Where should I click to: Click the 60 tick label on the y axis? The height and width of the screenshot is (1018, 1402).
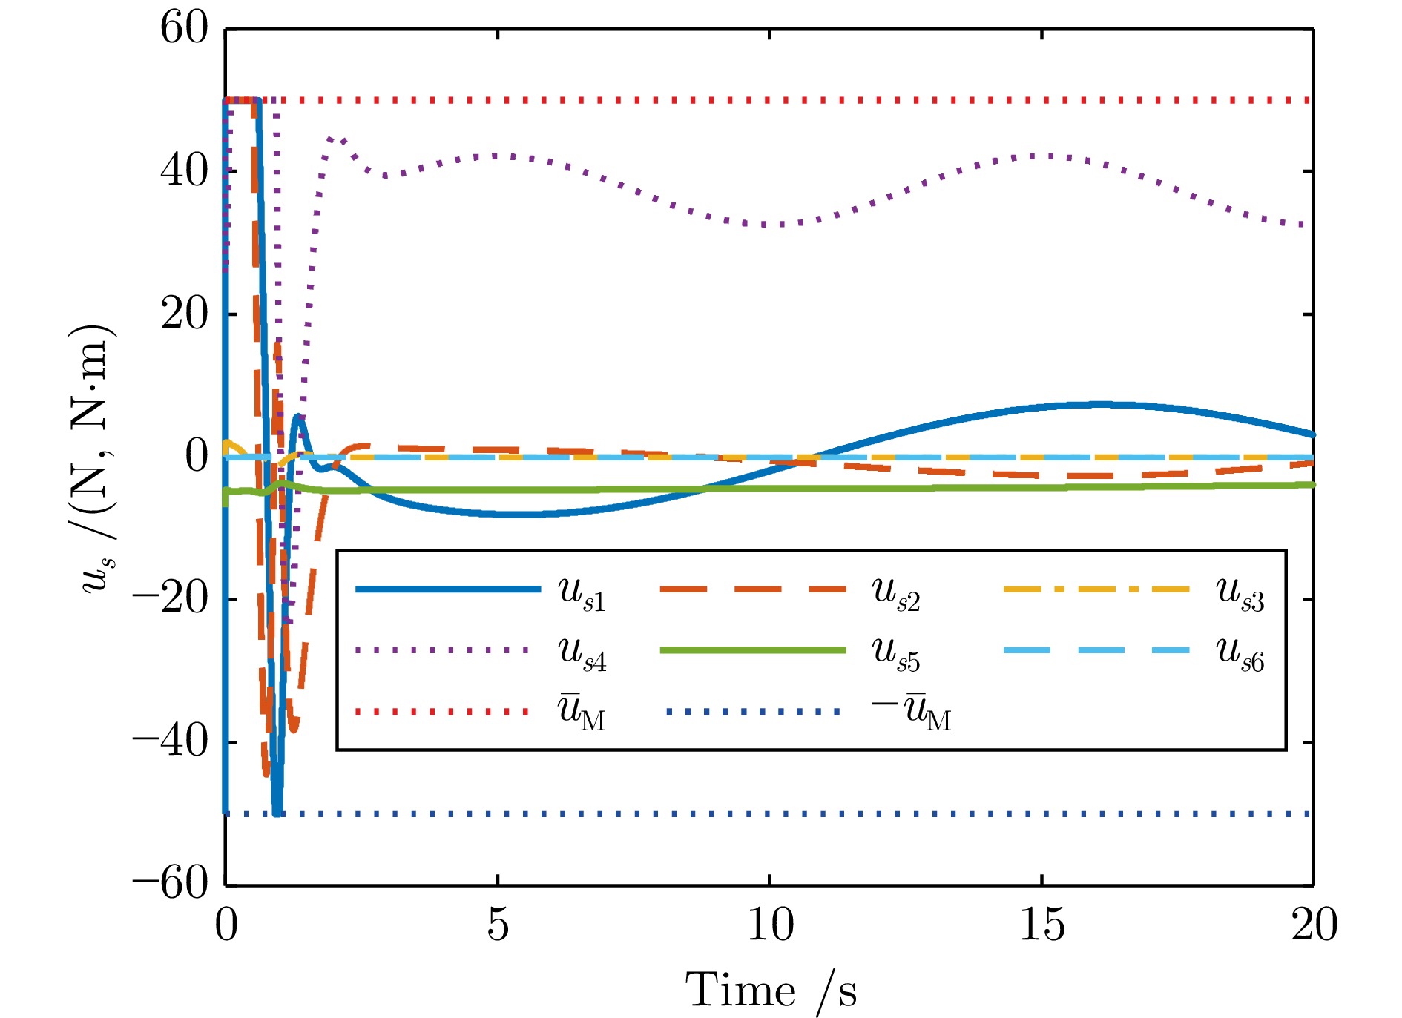(x=184, y=30)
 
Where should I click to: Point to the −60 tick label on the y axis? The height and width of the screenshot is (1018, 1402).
(x=171, y=884)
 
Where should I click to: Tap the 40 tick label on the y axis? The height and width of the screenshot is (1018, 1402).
(x=184, y=171)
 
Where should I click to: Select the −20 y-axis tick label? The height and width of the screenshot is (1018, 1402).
(x=171, y=598)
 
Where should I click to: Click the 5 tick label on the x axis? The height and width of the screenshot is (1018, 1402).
(x=498, y=925)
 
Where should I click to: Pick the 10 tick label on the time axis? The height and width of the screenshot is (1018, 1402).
(x=770, y=925)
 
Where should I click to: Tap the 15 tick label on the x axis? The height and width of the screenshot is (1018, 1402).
(x=1042, y=925)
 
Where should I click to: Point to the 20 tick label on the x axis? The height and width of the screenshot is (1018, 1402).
(x=1314, y=925)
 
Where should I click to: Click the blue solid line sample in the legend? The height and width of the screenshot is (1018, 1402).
(x=448, y=589)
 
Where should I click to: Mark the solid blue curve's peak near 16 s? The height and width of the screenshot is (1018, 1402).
(x=1102, y=404)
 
